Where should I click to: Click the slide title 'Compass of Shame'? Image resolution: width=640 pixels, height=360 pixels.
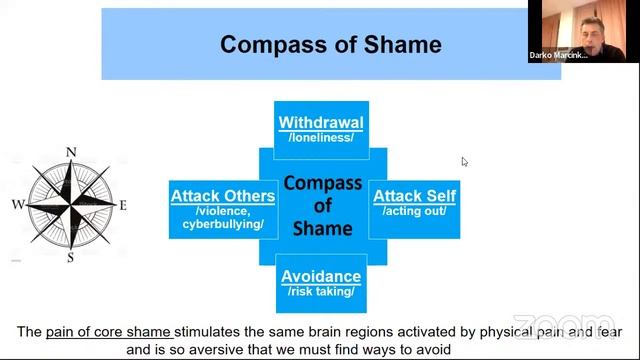331,44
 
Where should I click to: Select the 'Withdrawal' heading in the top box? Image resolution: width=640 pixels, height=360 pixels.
321,122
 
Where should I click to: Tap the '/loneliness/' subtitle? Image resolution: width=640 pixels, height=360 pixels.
321,138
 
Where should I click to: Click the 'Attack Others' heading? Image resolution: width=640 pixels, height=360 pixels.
223,196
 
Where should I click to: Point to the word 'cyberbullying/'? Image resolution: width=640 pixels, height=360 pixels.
223,224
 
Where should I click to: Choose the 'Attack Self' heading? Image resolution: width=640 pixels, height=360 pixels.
414,196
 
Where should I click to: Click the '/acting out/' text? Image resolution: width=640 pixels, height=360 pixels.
414,211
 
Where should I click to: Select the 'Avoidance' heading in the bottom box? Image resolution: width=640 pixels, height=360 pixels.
321,276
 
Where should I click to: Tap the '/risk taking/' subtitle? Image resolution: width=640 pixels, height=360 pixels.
321,291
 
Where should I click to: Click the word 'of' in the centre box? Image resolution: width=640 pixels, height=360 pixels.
322,206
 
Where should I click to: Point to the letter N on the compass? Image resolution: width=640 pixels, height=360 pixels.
71,152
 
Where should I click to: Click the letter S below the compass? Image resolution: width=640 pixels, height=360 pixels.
71,258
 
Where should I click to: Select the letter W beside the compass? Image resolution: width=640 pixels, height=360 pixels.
18,204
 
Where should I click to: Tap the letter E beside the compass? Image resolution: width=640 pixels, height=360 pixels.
123,205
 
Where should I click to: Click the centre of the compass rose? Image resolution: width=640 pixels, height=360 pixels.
71,203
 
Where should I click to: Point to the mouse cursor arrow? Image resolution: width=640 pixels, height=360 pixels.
464,162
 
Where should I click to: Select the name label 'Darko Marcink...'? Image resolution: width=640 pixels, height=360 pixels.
558,55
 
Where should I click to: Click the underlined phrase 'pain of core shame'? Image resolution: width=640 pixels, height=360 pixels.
108,332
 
